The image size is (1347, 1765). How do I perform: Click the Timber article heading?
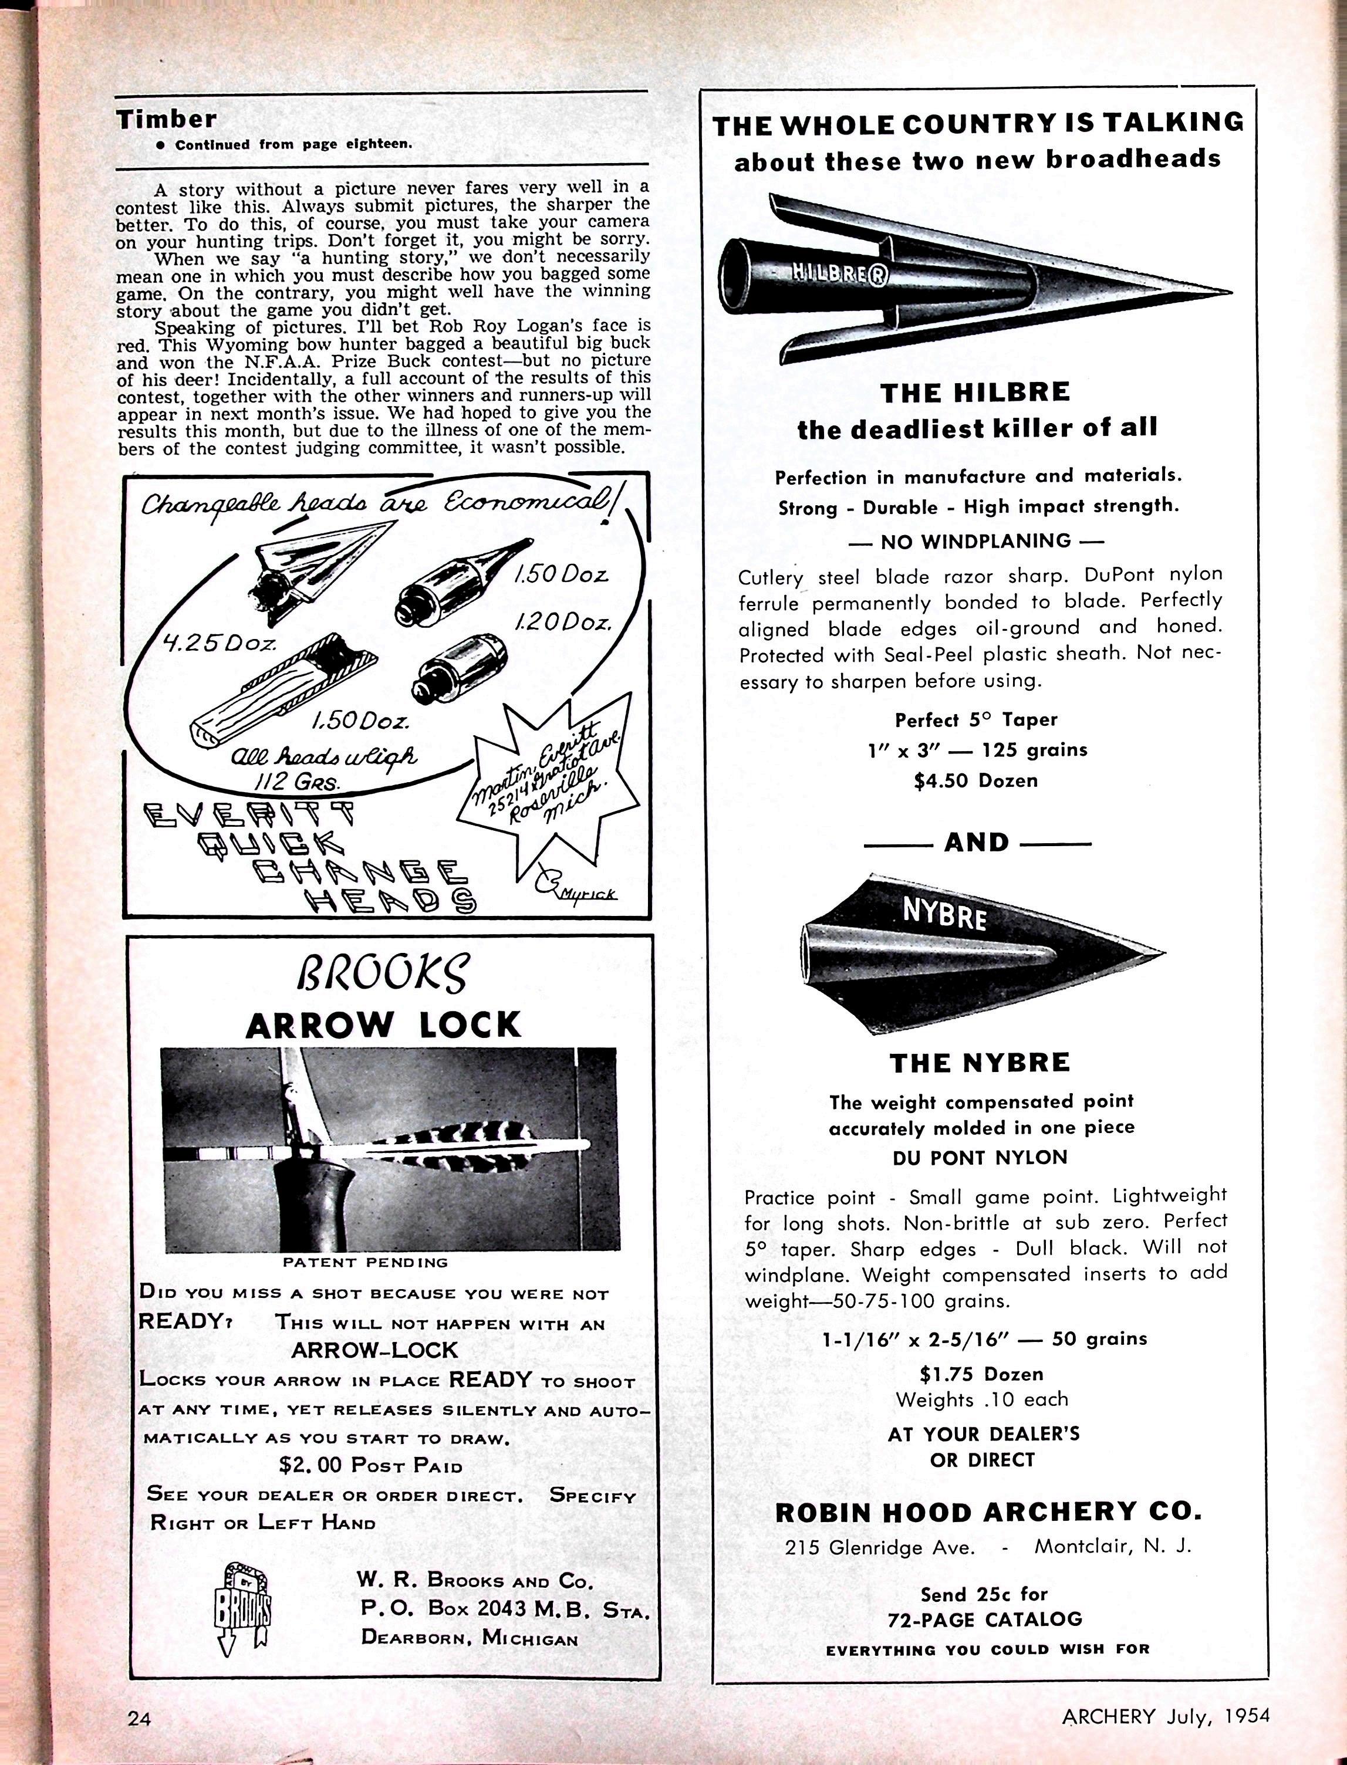[166, 120]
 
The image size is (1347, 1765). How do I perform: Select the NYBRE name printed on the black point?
[944, 912]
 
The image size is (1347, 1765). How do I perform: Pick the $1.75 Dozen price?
[981, 1374]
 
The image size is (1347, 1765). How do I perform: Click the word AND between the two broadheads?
[976, 843]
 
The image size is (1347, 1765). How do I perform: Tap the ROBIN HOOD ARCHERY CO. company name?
[988, 1512]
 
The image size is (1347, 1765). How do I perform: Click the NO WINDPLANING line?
[976, 541]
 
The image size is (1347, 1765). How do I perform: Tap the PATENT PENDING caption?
[365, 1262]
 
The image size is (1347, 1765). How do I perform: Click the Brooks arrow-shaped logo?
[243, 1607]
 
